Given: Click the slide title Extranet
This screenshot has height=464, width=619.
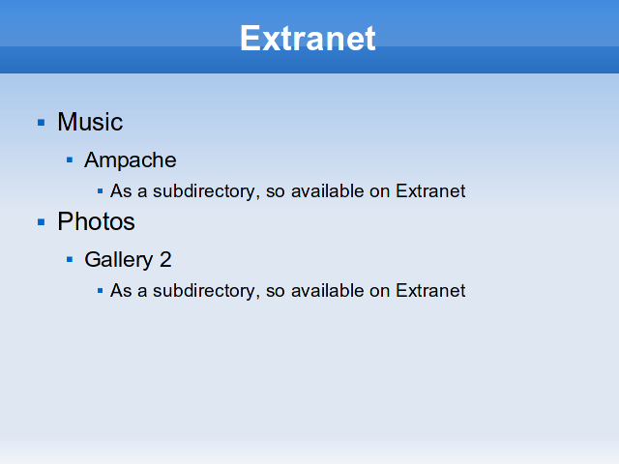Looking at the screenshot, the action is point(308,39).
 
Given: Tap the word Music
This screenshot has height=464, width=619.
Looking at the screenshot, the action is point(90,122).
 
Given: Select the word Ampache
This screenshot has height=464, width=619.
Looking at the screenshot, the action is point(131,160).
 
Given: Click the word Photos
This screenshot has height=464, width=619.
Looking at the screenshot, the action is point(96,221).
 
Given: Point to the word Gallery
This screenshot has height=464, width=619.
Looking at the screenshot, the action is point(118,260).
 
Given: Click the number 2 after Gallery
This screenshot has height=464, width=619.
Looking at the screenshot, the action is point(165,260).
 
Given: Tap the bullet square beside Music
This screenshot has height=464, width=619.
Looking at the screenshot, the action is point(41,123).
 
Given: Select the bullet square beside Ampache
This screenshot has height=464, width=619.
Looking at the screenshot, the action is point(70,159).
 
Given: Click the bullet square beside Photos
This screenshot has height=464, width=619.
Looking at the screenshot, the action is point(41,222).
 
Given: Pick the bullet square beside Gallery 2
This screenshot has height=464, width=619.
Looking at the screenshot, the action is point(70,259).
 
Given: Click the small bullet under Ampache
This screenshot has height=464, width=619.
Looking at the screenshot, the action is point(100,191).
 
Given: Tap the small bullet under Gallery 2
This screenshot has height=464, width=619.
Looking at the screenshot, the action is point(100,291).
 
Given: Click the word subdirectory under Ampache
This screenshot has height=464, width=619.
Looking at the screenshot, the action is point(206,191).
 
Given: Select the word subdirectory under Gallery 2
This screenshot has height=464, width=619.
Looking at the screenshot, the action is point(206,291).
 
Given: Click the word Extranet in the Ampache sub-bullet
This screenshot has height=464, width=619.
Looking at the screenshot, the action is point(430,191).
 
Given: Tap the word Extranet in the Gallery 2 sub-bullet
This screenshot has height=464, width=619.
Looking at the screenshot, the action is point(430,291).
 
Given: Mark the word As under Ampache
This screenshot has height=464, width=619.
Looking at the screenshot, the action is point(121,191).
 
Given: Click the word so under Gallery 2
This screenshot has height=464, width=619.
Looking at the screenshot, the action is point(275,292).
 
